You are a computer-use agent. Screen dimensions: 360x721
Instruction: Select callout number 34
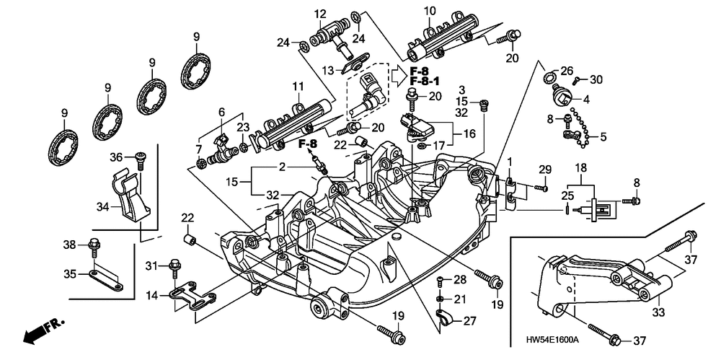point(103,207)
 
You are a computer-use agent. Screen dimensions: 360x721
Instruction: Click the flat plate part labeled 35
point(106,280)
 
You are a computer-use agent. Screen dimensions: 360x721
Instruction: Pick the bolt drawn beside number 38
point(94,247)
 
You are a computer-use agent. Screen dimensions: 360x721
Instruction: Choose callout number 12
point(320,13)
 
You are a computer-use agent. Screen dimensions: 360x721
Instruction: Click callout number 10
point(430,12)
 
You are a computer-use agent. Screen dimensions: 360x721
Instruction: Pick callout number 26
point(566,70)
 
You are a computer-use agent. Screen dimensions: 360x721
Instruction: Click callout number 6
point(221,112)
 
